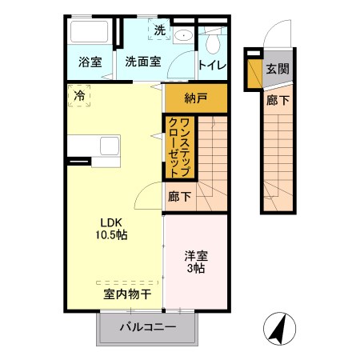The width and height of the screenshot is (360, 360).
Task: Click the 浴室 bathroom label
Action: (x=90, y=62)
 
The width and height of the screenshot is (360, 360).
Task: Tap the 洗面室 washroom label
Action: (x=143, y=62)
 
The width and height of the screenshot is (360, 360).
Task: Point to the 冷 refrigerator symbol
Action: (x=79, y=96)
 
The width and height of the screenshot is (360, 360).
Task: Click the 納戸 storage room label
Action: (x=195, y=99)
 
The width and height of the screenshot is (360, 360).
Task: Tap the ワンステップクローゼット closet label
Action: (x=178, y=146)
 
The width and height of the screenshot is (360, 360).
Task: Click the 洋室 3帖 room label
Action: (x=195, y=262)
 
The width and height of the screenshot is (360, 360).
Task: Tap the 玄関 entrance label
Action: (x=277, y=69)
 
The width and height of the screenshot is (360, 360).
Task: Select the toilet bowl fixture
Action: (x=214, y=42)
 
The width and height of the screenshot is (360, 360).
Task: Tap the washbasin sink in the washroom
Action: (x=182, y=34)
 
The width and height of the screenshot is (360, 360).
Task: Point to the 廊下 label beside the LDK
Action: (x=179, y=195)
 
